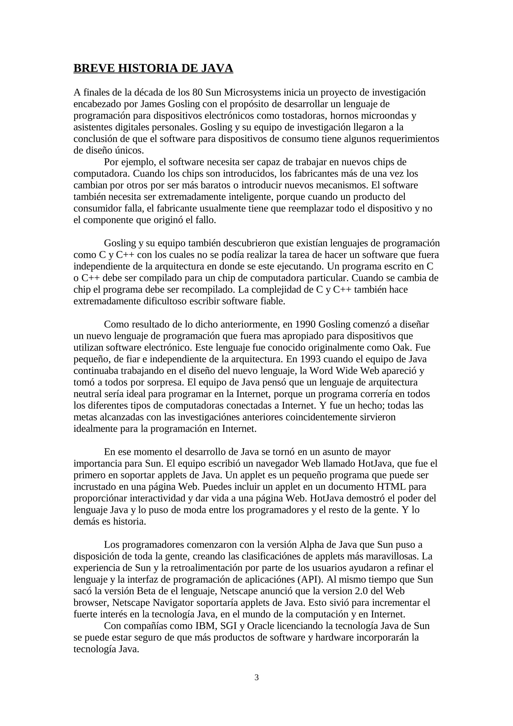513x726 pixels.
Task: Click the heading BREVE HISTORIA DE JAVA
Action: pos(153,68)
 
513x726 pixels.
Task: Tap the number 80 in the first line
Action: pos(198,92)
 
